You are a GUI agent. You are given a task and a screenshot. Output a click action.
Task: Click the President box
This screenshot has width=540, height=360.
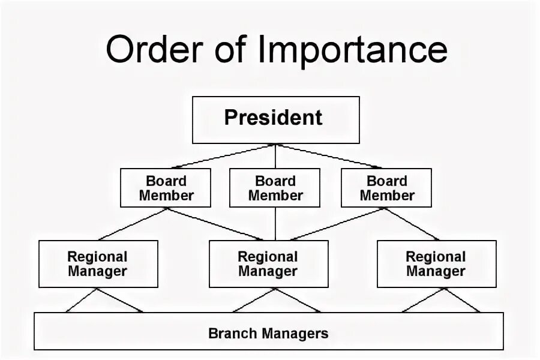275,119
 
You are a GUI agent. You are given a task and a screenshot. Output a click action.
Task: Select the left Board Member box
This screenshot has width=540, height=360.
166,188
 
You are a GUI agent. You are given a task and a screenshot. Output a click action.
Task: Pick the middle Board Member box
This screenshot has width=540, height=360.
275,188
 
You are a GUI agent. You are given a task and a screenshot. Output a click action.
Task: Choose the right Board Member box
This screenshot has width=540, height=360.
386,188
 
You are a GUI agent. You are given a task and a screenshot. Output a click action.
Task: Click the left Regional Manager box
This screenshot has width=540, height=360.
98,264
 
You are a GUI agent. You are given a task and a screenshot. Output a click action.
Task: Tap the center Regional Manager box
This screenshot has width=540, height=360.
268,264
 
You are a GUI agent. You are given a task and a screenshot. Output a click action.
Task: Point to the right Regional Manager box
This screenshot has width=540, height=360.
436,264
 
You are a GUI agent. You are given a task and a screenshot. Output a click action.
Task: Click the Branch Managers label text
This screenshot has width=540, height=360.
268,333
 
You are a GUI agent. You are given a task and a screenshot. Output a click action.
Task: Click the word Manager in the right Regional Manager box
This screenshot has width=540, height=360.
436,271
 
